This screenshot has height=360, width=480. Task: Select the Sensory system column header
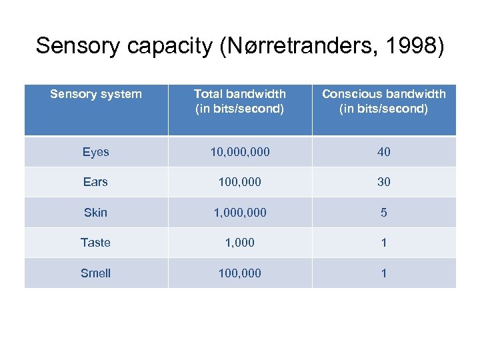[96, 94]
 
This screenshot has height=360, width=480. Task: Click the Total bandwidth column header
[240, 101]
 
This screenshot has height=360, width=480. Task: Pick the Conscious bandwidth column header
[384, 101]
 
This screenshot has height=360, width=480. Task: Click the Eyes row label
[96, 152]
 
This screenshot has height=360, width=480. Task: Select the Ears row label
[96, 182]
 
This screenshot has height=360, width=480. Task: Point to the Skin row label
[96, 213]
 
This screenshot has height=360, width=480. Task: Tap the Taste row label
[96, 243]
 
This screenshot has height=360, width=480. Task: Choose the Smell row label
[96, 273]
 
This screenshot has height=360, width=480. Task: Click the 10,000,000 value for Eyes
[240, 152]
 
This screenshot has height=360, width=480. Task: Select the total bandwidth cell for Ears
[240, 182]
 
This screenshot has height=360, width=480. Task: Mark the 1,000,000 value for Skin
[240, 213]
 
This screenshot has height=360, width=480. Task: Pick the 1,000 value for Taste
[240, 243]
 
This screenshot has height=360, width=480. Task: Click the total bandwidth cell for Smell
[240, 273]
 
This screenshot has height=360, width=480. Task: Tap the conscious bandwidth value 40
[384, 152]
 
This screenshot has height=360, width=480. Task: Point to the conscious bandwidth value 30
[384, 182]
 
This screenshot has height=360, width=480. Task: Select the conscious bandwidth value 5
[384, 213]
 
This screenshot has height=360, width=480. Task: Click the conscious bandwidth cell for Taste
[384, 243]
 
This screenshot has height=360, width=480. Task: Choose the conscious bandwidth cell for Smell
[384, 273]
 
